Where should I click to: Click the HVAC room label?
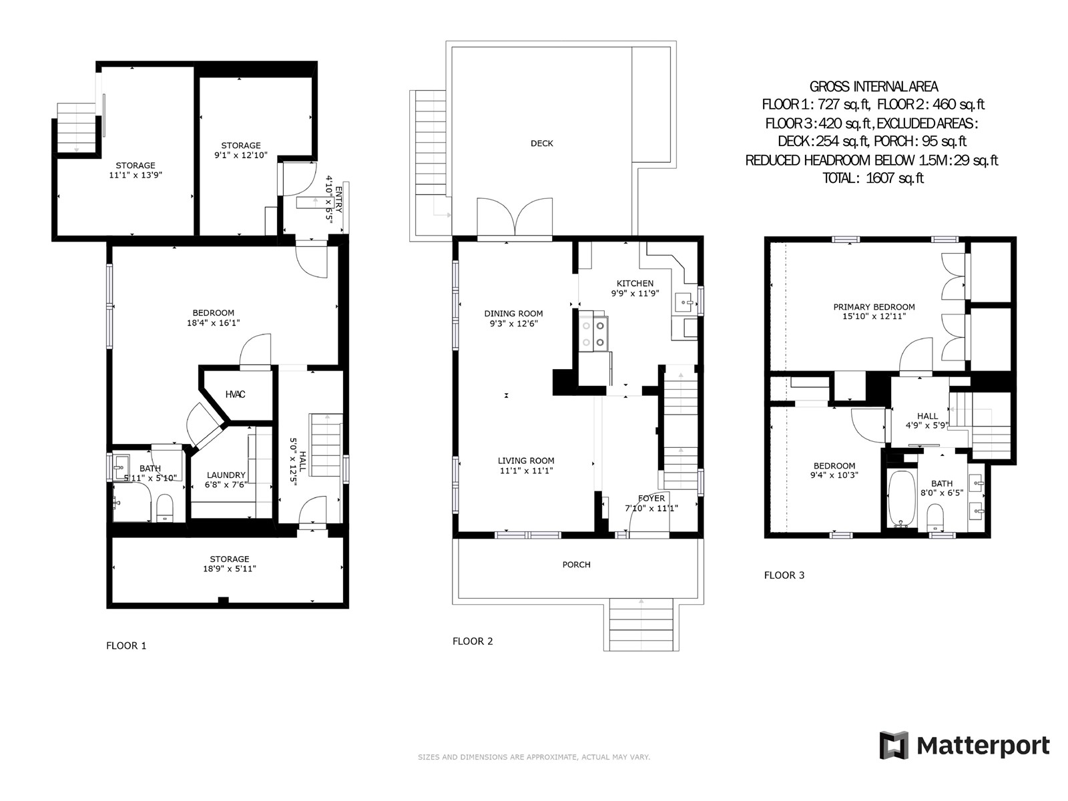235,394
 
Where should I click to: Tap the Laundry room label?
226,475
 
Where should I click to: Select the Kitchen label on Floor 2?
635,284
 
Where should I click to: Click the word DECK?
541,144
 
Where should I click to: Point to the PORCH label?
577,565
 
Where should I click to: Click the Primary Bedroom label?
874,307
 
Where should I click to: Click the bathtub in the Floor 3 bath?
902,499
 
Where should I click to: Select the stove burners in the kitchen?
593,334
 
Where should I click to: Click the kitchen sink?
686,302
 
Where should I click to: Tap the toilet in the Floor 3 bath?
935,517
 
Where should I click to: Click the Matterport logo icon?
894,745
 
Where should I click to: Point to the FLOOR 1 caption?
126,646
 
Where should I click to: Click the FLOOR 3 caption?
784,575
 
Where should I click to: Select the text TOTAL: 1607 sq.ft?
873,178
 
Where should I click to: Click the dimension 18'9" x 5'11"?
230,569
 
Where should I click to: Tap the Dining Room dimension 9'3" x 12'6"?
513,324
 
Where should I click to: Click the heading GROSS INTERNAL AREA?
874,87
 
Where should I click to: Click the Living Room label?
526,461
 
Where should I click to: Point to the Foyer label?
651,499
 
